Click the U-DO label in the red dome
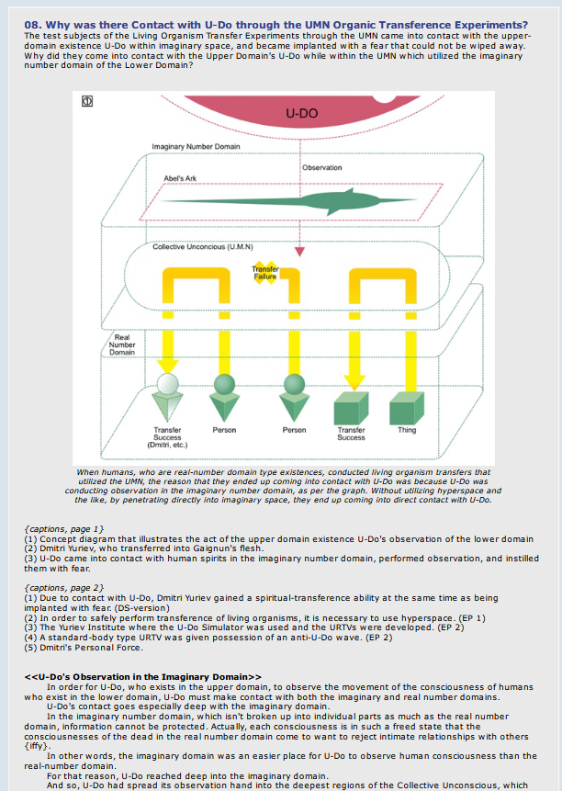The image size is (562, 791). (301, 114)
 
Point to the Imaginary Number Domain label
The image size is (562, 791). (197, 147)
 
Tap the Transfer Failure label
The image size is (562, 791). (264, 272)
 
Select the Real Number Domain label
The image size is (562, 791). (122, 346)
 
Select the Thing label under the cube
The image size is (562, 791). (406, 430)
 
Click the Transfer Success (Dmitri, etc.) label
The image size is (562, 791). (167, 437)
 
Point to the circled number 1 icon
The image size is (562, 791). (89, 101)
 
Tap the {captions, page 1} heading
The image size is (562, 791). (64, 528)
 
